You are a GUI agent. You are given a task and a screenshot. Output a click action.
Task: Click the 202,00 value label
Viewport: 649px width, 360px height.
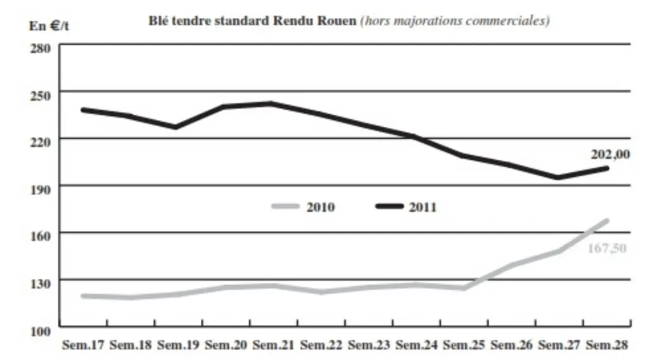coord(610,155)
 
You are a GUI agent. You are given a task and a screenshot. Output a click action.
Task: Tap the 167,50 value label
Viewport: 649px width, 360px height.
coord(607,248)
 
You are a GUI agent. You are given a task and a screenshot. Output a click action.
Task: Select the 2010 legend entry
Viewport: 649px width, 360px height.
coord(304,207)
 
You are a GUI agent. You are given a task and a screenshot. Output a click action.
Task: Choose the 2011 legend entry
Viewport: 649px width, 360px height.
coord(406,207)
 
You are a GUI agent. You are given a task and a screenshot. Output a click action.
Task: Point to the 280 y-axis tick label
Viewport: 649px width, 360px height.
coord(40,48)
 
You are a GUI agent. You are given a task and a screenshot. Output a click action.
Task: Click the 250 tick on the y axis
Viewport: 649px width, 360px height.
coord(40,96)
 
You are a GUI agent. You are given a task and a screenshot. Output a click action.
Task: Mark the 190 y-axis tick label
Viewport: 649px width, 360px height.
coord(40,190)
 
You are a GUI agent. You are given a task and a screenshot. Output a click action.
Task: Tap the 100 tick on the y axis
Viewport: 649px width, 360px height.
coord(40,331)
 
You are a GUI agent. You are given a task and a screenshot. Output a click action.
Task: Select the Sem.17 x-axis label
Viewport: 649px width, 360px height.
coord(83,345)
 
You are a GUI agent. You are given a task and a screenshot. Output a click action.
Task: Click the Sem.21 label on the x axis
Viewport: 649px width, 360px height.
coord(273,345)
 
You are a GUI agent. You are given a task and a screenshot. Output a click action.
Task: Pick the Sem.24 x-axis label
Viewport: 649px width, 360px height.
coord(416,345)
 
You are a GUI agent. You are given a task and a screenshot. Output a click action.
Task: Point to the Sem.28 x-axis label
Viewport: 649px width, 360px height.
coord(607,345)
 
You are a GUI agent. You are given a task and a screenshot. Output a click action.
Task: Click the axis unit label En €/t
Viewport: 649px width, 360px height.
coord(49,25)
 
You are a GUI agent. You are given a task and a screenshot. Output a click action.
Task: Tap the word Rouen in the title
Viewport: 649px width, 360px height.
coord(337,21)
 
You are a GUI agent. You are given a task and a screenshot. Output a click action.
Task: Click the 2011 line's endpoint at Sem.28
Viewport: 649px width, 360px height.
coord(607,169)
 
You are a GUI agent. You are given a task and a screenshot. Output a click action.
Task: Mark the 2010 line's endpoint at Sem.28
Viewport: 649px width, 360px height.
coord(607,221)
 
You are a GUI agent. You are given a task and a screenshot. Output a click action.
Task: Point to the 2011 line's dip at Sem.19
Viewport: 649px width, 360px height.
coord(176,127)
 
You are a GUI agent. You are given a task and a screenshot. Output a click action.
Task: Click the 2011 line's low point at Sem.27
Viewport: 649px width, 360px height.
coord(558,178)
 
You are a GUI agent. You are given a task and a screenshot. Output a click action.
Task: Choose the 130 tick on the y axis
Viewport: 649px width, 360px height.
coord(40,284)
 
